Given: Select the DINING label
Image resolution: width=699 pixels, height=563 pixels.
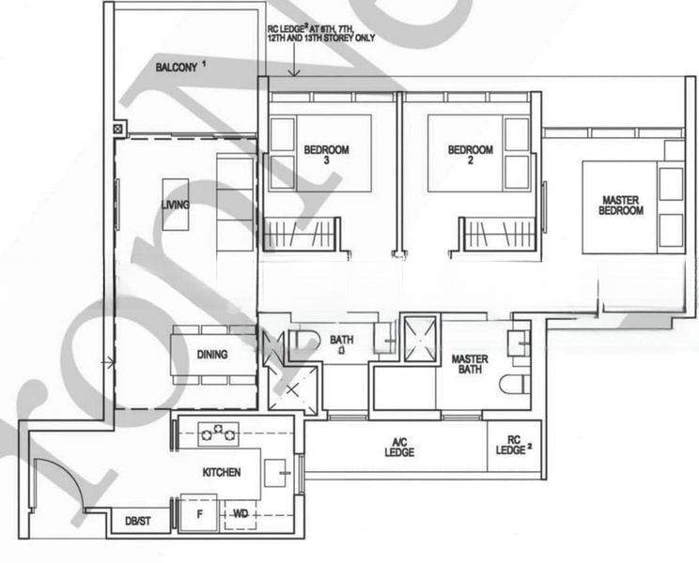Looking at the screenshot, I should [x=212, y=355].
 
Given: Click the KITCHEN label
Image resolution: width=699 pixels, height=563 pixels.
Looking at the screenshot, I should [x=221, y=472].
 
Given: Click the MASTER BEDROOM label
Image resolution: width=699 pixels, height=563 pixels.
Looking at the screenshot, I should [x=621, y=205].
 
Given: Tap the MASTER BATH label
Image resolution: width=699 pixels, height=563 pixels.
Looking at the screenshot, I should [x=469, y=365].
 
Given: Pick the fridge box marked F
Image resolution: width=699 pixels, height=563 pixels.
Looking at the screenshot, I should [x=198, y=513].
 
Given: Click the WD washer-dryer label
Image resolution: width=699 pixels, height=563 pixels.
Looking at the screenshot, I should [x=240, y=513].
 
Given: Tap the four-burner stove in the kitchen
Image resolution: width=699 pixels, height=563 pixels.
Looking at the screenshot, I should [x=218, y=433].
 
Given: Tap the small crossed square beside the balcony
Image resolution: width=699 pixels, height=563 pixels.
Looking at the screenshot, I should [x=116, y=128].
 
